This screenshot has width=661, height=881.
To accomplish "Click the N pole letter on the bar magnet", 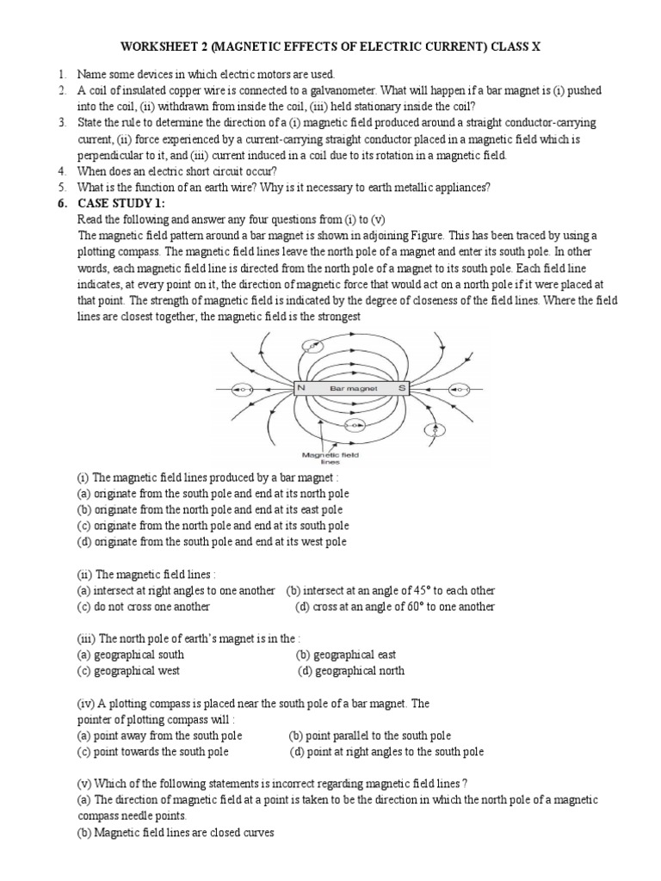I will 301,389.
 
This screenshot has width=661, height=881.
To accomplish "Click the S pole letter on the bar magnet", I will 401,389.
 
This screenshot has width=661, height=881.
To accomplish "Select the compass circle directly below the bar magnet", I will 351,426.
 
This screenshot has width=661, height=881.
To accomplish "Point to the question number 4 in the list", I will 62,170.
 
